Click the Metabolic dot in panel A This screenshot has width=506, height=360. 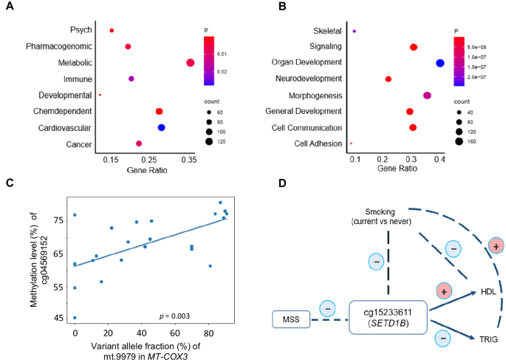point(190,63)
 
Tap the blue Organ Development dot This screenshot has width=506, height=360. point(440,63)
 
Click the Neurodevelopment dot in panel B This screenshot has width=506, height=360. point(389,79)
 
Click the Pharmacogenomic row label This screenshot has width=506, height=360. point(61,47)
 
